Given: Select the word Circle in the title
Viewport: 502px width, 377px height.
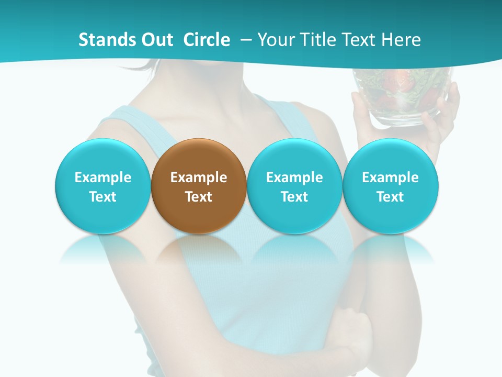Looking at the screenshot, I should (207, 40).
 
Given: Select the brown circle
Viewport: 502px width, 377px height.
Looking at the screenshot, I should (199, 186).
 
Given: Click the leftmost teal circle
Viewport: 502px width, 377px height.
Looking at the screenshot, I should (103, 186).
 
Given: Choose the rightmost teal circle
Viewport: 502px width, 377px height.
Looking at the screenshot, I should (391, 186).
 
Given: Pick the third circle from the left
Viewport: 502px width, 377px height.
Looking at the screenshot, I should (294, 186).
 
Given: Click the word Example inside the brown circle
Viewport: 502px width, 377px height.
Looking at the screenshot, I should (199, 178).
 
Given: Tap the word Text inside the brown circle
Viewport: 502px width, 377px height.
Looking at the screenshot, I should (199, 197).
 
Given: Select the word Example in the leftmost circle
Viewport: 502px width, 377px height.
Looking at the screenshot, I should (103, 178).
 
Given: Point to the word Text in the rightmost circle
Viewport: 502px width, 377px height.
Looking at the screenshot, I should (391, 197).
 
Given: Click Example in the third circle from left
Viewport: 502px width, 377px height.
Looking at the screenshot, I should (294, 178).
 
